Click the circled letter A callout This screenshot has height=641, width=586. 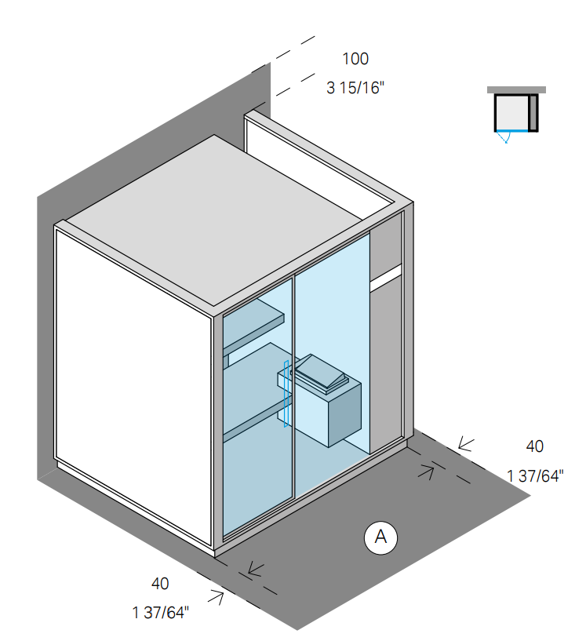(381, 537)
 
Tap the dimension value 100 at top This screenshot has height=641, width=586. (355, 59)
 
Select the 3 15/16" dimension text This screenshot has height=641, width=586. (355, 87)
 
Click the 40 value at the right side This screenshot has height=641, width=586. (534, 446)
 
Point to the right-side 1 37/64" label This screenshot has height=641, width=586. (534, 475)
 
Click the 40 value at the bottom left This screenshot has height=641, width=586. (160, 584)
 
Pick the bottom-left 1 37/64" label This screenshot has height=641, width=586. (162, 612)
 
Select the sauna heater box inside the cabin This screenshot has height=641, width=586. (329, 408)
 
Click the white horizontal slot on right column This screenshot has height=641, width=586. (385, 275)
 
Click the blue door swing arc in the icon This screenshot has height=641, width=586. (505, 139)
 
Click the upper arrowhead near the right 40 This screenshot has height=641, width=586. (465, 445)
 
